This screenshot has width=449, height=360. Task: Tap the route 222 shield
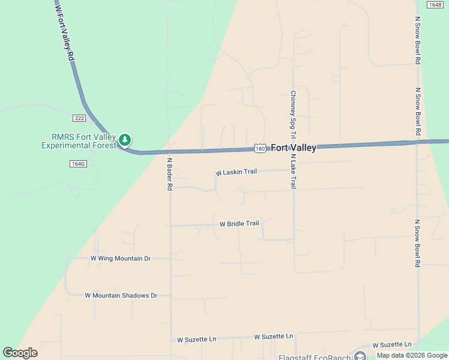(79, 118)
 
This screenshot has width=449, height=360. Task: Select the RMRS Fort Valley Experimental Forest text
(78, 140)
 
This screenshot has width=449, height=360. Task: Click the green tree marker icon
(125, 140)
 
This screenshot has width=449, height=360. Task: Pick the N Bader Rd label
(170, 174)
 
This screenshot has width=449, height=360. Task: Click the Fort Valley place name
(294, 148)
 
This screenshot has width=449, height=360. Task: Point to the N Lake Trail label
(294, 172)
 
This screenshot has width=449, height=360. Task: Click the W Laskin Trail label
(237, 172)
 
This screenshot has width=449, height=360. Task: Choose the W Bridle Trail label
(239, 224)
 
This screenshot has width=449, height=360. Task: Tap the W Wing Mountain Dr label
(120, 259)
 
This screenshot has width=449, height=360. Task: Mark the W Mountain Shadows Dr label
(121, 295)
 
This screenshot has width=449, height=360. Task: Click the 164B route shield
(435, 5)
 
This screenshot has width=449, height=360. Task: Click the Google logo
(20, 353)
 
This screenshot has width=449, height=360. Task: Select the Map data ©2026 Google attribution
(411, 355)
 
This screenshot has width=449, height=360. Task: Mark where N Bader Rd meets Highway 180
(170, 152)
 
